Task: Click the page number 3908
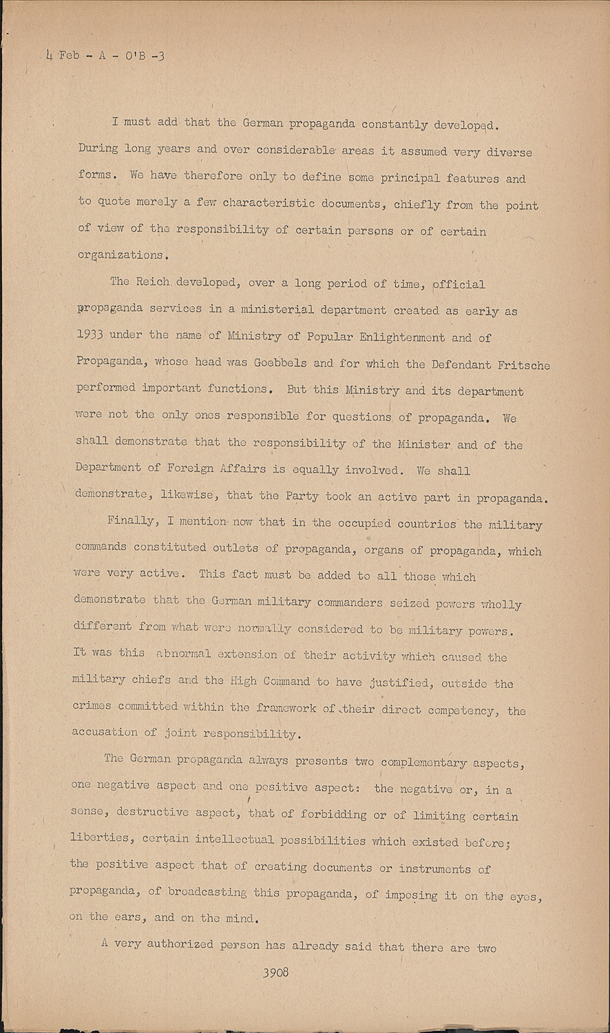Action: point(275,972)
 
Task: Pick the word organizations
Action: point(120,255)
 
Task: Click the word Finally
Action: point(131,521)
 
